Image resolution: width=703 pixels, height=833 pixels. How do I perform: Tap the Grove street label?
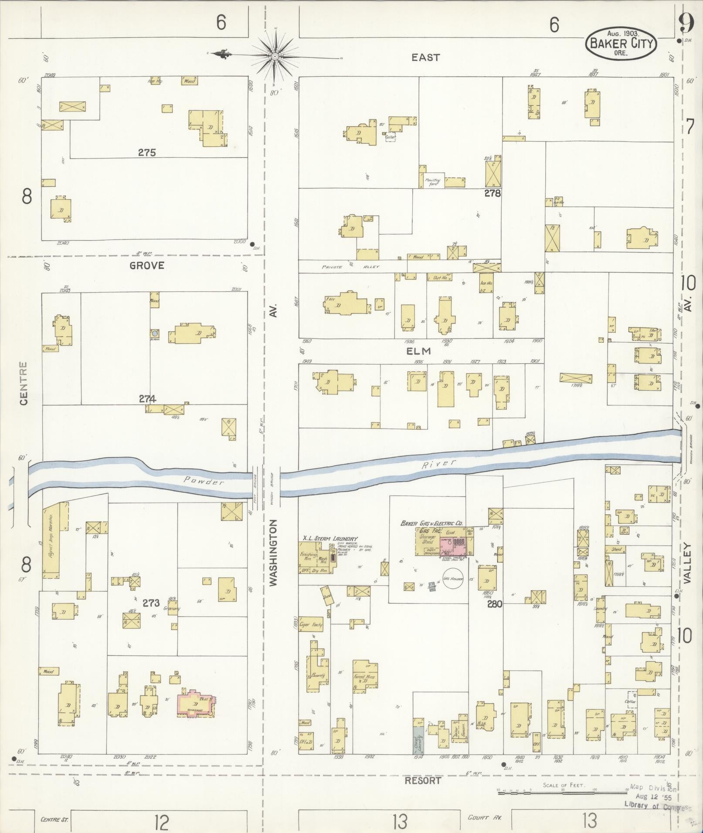pyautogui.click(x=147, y=265)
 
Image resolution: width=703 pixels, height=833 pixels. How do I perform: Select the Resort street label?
pyautogui.click(x=423, y=781)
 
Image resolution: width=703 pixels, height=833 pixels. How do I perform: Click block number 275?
pyautogui.click(x=147, y=153)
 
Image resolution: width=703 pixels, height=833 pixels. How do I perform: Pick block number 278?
pyautogui.click(x=492, y=193)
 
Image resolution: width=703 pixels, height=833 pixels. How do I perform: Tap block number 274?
pyautogui.click(x=147, y=398)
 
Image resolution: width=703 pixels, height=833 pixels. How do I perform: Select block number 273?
pyautogui.click(x=151, y=603)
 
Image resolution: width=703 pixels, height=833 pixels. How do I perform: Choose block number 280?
pyautogui.click(x=495, y=604)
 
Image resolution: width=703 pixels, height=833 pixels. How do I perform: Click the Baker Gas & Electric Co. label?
pyautogui.click(x=431, y=524)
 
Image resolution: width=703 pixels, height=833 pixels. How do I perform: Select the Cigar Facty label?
pyautogui.click(x=314, y=625)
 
